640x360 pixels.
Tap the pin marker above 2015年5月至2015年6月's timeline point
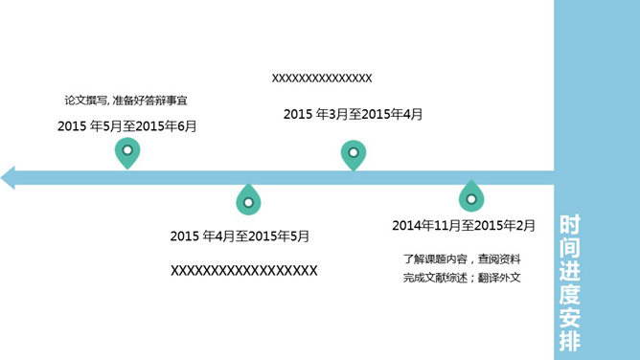[126, 152]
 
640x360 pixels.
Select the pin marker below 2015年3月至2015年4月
[354, 154]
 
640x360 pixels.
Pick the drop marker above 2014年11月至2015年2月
[470, 196]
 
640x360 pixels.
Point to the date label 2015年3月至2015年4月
[353, 114]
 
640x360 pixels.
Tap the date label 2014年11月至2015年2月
[464, 226]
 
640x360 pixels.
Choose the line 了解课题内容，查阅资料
[462, 258]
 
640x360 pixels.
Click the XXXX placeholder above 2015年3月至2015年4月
[322, 79]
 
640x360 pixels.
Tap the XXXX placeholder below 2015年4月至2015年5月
[243, 271]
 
